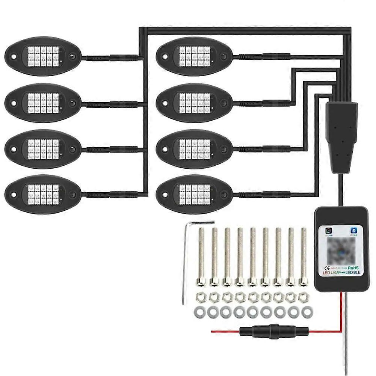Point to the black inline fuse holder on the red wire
click(274, 332)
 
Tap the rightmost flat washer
click(308, 311)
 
